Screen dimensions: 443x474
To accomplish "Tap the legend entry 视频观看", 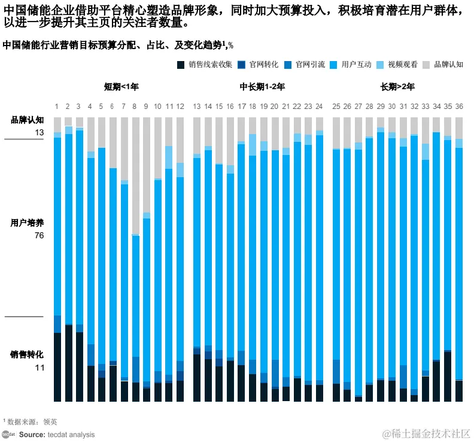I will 402,65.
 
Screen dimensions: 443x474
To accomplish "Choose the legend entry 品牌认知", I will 448,65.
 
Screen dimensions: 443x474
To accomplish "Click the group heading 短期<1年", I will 121,87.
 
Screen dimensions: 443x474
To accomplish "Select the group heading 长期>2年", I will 397,87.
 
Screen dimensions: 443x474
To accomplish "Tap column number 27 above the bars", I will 358,107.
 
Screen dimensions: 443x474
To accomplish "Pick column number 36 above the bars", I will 459,107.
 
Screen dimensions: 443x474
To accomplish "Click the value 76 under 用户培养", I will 39,235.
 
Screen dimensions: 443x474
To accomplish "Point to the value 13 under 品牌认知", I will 39,132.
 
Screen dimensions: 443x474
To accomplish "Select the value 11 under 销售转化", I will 39,368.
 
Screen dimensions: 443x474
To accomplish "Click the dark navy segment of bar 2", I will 68,363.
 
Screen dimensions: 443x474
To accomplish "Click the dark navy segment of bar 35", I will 448,377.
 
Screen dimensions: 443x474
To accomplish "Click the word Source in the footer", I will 30,435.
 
